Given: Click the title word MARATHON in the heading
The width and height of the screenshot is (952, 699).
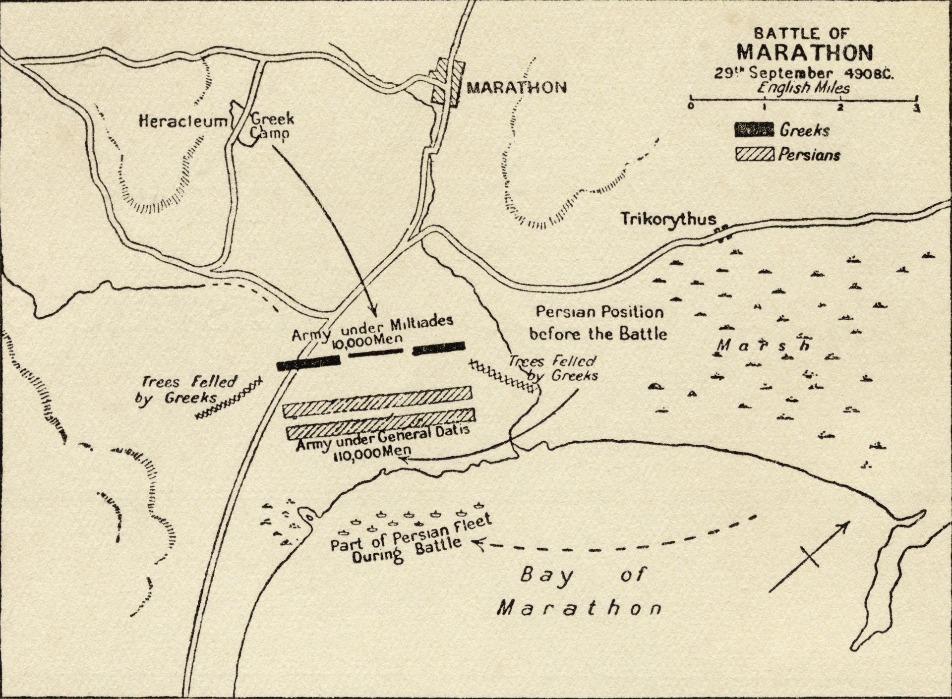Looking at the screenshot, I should (804, 53).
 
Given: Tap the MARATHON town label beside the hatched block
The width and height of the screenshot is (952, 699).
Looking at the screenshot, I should (517, 88).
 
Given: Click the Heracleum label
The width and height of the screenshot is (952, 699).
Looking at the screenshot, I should (182, 121).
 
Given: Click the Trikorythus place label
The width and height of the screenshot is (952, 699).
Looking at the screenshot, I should (669, 219).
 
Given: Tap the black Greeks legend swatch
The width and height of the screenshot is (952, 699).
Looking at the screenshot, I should (754, 130).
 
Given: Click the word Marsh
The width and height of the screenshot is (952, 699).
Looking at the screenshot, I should (764, 345).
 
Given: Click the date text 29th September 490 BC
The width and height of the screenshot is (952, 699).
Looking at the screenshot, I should (803, 73).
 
